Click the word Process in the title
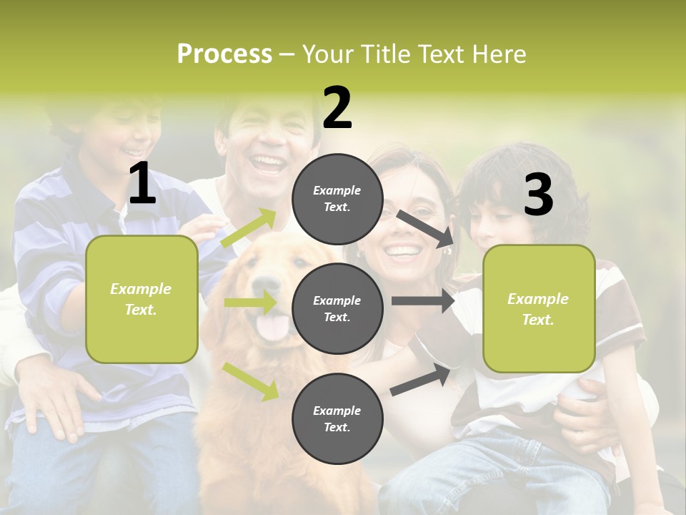[224, 54]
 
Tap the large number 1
[142, 184]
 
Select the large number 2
[337, 108]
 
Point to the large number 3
[538, 195]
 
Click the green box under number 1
[141, 299]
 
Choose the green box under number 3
[539, 308]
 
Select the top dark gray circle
[337, 199]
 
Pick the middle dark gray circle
[337, 308]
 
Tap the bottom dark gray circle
[337, 418]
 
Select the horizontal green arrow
[251, 303]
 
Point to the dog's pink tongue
[272, 328]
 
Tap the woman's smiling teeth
[402, 251]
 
